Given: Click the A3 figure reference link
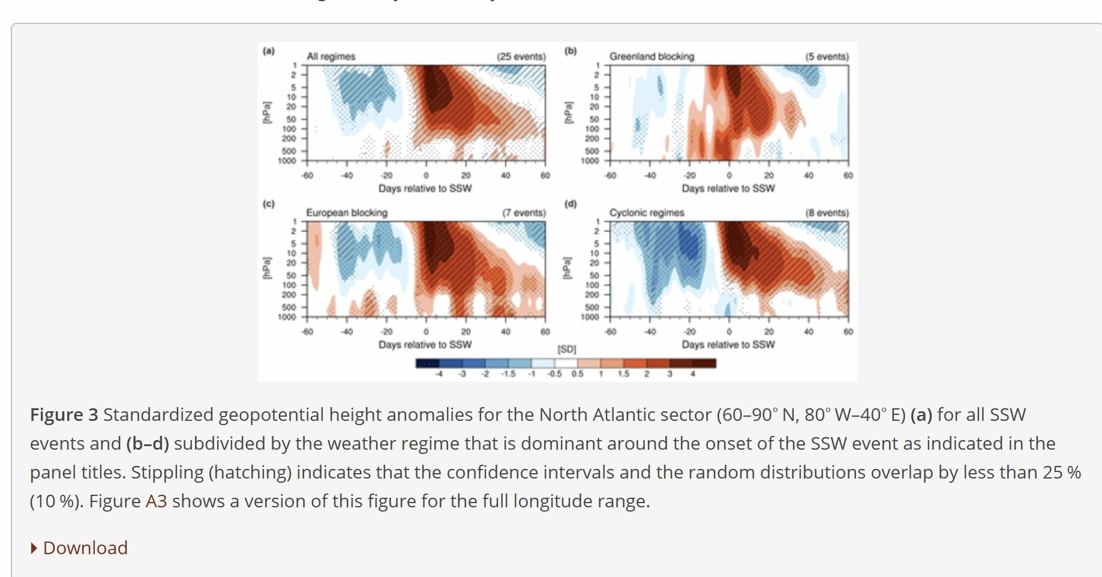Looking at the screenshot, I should pos(156,501).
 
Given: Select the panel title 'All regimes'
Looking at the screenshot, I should pos(331,56).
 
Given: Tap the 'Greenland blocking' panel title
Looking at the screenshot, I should pos(651,56).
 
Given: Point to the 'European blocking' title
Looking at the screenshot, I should pos(347,213).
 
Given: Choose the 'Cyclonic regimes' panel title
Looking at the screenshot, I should pos(647,213).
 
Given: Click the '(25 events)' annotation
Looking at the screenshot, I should pos(521,56).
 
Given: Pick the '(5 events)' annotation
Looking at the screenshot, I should pos(827,56).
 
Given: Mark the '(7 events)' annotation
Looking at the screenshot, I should pos(524,213).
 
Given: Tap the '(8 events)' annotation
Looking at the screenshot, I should pos(827,213).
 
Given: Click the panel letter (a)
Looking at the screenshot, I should pos(268,51).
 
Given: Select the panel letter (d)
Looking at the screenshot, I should pos(570,204).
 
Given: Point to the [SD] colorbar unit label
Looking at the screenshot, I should pos(566,349).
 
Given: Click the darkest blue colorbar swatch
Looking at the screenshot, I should pos(427,363).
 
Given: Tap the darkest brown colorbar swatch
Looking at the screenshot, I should pos(704,363).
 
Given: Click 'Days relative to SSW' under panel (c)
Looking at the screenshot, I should pos(425,345).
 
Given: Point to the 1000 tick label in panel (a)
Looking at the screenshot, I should pos(287,161).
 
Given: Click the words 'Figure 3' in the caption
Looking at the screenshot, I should pos(64,414).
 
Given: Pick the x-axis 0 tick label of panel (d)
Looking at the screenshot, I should pos(729,331).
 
